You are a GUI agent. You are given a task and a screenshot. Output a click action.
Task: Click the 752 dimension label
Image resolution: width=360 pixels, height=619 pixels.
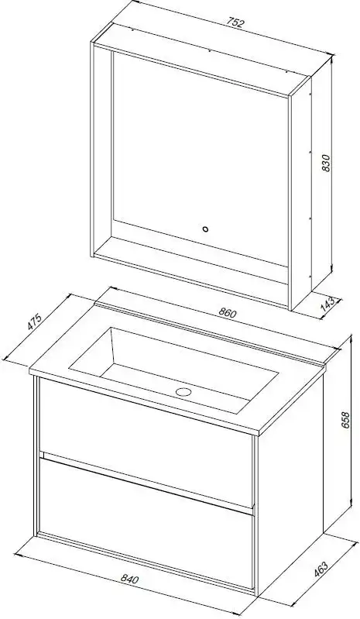pyautogui.click(x=235, y=22)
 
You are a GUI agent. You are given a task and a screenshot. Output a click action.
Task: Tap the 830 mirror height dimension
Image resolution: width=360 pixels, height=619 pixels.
pyautogui.click(x=326, y=163)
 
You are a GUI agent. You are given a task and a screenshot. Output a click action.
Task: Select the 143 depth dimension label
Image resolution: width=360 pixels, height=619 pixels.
pyautogui.click(x=329, y=304)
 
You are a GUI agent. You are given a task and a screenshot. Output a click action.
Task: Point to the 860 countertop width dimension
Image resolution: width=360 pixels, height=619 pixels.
pyautogui.click(x=227, y=313)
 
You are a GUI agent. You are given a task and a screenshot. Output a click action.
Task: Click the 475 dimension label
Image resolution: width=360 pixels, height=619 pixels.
pyautogui.click(x=35, y=321)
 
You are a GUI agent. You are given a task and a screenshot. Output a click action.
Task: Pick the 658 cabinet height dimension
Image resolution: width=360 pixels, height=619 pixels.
pyautogui.click(x=345, y=420)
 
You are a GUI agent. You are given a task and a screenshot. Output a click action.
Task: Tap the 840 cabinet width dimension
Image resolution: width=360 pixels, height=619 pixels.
pyautogui.click(x=129, y=579)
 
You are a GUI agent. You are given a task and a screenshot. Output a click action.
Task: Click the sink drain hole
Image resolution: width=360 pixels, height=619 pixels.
pyautogui.click(x=183, y=392)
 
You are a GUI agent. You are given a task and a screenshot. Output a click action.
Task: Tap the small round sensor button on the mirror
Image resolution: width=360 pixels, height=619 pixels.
pyautogui.click(x=205, y=229)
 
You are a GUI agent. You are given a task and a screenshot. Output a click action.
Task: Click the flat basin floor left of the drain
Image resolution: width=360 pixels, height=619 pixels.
pyautogui.click(x=138, y=377)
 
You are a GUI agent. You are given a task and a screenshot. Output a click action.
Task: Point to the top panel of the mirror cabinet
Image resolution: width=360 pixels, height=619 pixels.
pyautogui.click(x=202, y=59)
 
